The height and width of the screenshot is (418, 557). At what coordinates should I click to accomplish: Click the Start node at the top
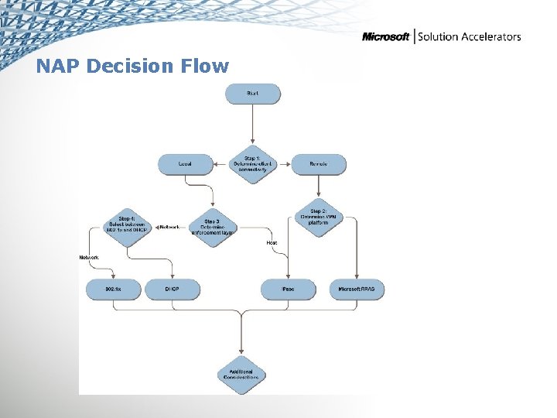click(253, 94)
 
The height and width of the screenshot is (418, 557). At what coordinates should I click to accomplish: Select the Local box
click(185, 164)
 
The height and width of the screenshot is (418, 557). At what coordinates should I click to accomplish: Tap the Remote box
click(318, 164)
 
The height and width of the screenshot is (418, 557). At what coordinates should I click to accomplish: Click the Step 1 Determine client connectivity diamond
click(253, 164)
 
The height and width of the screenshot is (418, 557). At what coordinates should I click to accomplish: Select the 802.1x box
click(114, 290)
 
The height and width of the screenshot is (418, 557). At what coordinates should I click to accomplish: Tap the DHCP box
click(172, 290)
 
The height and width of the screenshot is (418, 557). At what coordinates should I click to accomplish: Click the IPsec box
click(288, 290)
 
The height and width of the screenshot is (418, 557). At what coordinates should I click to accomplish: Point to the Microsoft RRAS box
click(356, 290)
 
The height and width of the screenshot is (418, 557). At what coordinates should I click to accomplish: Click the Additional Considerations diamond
click(241, 374)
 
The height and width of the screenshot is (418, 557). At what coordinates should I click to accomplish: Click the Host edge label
click(272, 242)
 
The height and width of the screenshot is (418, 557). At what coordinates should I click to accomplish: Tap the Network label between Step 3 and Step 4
click(169, 227)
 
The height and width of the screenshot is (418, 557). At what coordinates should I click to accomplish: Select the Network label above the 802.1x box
click(89, 257)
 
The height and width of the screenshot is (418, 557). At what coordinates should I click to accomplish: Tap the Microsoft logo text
click(387, 37)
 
